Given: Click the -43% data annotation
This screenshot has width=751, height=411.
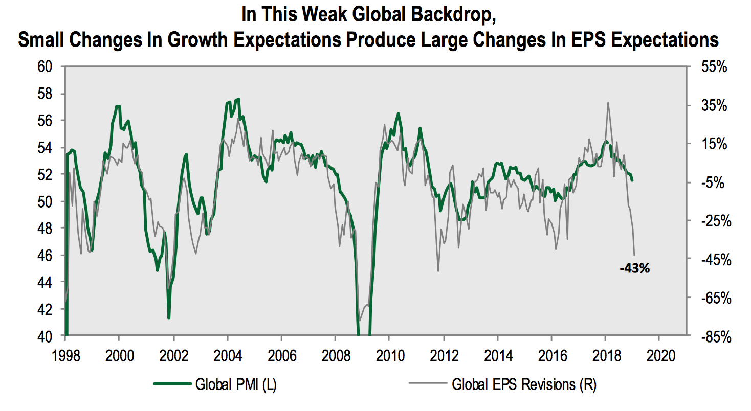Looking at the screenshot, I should [634, 268].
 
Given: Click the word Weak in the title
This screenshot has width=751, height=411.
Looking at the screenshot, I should [324, 15].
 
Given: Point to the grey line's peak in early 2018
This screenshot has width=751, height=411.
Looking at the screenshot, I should [608, 103].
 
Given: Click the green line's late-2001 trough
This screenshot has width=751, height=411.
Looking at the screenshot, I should [169, 318].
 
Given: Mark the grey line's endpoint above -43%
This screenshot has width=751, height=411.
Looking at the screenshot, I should [634, 255].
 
